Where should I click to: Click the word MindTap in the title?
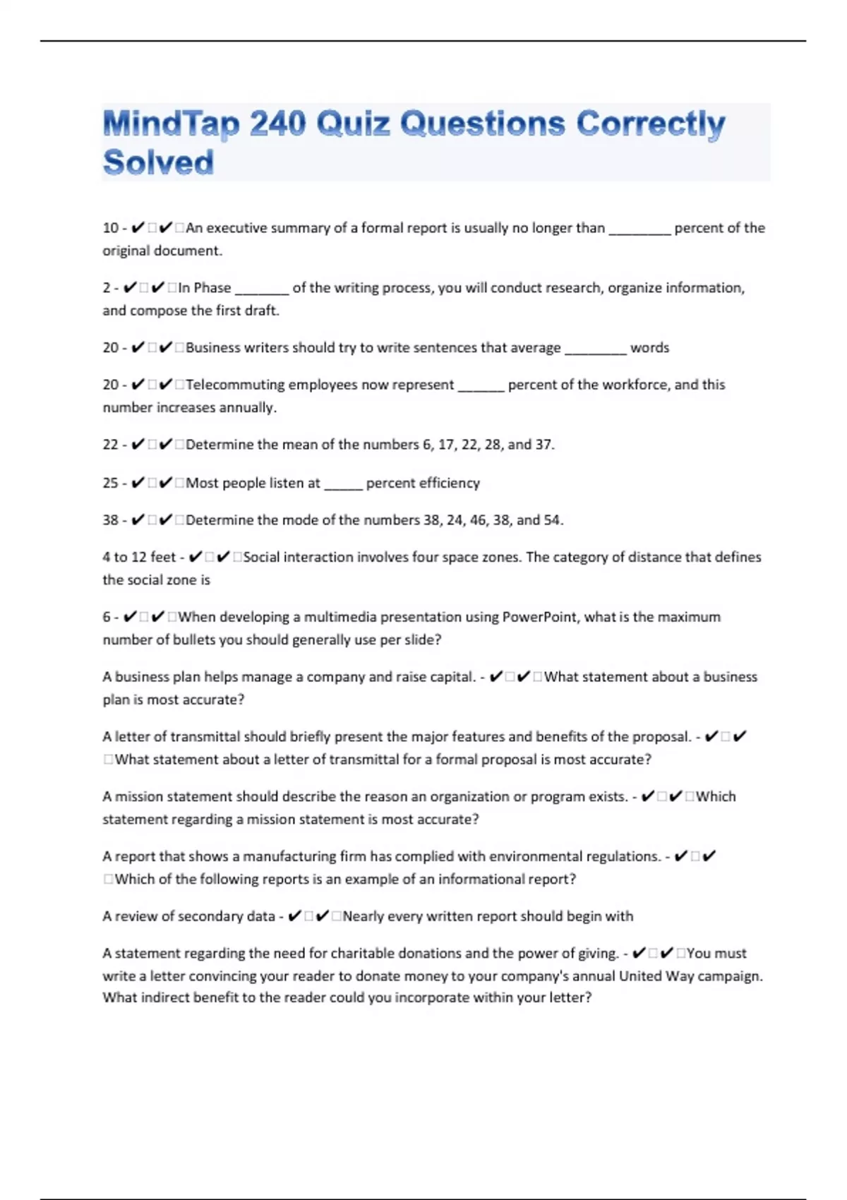click(x=172, y=126)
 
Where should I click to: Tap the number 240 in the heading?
click(x=277, y=124)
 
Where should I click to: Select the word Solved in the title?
click(x=158, y=162)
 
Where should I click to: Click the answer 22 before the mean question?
click(x=110, y=445)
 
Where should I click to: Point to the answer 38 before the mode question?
click(x=110, y=520)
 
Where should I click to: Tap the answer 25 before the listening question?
click(x=110, y=483)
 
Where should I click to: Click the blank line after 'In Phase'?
click(x=261, y=289)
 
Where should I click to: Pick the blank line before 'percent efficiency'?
click(x=343, y=485)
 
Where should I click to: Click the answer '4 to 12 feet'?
click(x=139, y=557)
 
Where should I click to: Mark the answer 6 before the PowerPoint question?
click(x=107, y=617)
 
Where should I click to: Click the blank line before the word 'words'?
click(x=595, y=349)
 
